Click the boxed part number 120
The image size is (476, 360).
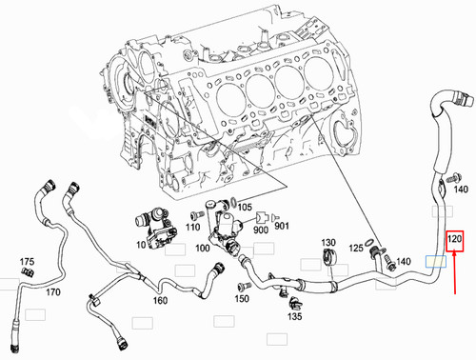(455, 239)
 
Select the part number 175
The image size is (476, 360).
(27, 261)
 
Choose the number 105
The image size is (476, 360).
(245, 207)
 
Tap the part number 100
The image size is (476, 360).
(202, 248)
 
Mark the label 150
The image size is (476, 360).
(243, 299)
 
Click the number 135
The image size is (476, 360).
(295, 315)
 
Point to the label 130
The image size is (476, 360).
(328, 242)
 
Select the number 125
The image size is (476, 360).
(355, 248)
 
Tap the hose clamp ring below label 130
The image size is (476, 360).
(328, 259)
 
